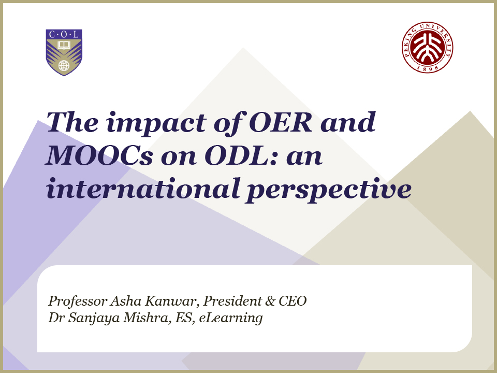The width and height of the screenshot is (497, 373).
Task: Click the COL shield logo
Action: (64, 52)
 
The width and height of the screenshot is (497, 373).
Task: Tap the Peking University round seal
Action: (427, 47)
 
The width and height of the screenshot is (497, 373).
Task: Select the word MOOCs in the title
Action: (99, 156)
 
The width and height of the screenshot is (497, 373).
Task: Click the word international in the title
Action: (143, 189)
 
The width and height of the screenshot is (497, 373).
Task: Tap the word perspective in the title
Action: (329, 190)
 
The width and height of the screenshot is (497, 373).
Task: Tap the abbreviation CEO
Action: (293, 301)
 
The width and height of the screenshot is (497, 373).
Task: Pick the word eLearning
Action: (231, 318)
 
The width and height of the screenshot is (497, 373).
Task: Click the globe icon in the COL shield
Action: (64, 66)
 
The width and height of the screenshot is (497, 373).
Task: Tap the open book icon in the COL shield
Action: (64, 45)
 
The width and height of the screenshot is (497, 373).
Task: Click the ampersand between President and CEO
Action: (270, 301)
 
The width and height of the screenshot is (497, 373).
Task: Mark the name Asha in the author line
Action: (126, 301)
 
